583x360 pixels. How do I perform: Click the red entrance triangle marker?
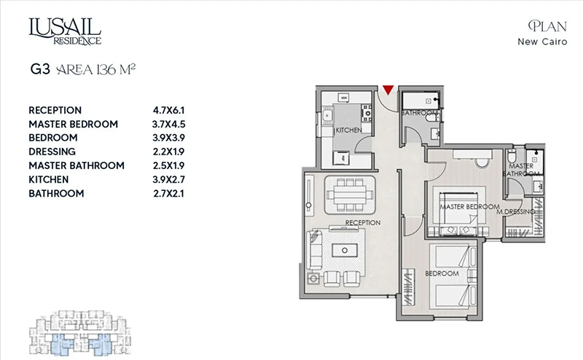click(x=388, y=90)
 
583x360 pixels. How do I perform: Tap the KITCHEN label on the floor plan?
click(x=349, y=130)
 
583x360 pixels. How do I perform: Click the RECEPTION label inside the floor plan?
click(x=363, y=222)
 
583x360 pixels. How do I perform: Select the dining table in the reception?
click(x=349, y=195)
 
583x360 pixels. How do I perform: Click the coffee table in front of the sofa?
click(x=345, y=250)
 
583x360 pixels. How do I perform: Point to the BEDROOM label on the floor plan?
click(x=442, y=273)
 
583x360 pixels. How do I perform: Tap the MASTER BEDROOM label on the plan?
click(x=470, y=207)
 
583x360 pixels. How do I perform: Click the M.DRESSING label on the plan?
click(x=516, y=211)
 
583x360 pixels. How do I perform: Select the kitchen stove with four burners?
click(x=367, y=113)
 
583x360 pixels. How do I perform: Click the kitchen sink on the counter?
click(x=327, y=115)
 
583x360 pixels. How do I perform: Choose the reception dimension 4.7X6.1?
click(x=168, y=111)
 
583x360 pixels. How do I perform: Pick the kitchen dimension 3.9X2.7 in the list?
click(x=168, y=179)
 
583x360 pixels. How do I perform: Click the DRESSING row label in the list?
click(x=52, y=152)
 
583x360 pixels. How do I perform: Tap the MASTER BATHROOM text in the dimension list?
click(x=77, y=165)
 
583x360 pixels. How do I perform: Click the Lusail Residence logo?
click(x=65, y=31)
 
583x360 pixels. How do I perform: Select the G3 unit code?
click(x=40, y=69)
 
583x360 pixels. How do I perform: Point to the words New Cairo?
click(x=542, y=42)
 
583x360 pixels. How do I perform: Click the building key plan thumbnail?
click(x=80, y=333)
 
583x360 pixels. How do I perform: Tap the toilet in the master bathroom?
click(x=512, y=155)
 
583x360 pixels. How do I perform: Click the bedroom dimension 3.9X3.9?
click(x=168, y=138)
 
